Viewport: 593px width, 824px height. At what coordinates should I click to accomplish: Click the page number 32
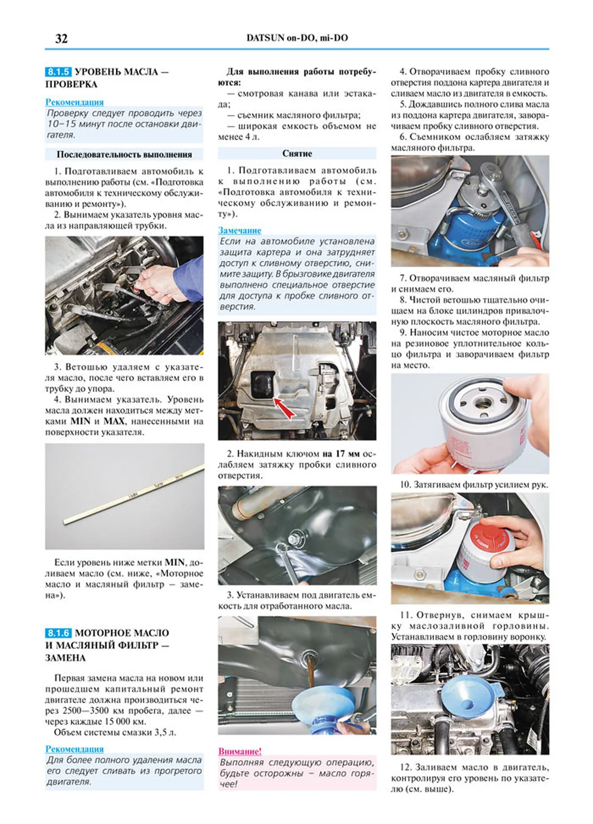pos(61,38)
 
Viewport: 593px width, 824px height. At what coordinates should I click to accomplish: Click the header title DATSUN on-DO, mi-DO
pos(297,38)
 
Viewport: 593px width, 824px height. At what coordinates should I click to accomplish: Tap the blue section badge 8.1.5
pos(58,72)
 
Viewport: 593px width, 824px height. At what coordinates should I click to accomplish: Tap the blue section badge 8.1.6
pos(58,633)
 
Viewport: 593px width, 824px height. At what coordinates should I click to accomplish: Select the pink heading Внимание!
pos(240,751)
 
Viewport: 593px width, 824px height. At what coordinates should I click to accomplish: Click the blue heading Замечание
pos(239,230)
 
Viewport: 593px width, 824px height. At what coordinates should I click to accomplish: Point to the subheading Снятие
pos(297,153)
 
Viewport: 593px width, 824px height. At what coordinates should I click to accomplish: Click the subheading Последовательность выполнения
pos(124,154)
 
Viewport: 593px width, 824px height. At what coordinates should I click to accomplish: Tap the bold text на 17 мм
pos(340,454)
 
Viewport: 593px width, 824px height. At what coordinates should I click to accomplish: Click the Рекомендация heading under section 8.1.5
pos(74,102)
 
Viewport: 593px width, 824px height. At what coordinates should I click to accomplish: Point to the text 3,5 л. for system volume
pos(165,732)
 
